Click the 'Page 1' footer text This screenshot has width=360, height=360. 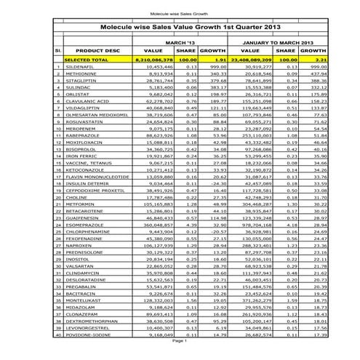(x=180, y=351)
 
